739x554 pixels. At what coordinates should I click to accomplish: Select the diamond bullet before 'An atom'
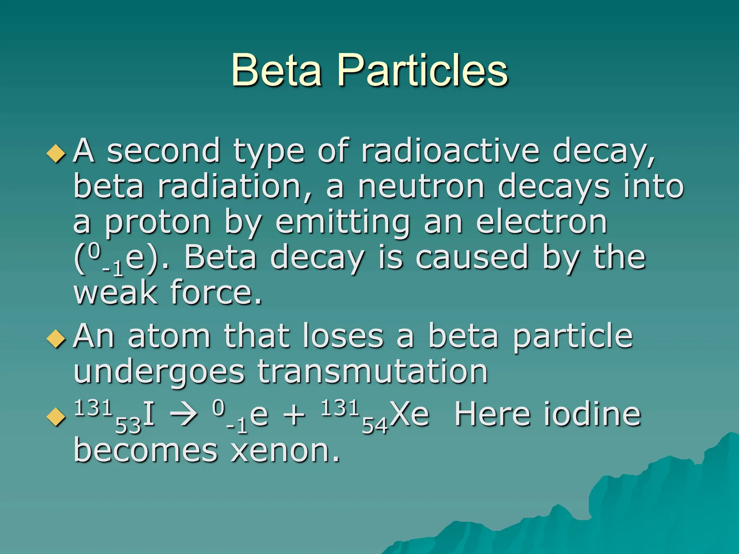56,339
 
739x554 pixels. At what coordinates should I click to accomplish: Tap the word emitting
343,223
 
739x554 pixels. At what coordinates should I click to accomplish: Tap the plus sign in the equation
294,415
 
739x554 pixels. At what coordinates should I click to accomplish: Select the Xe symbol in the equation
410,414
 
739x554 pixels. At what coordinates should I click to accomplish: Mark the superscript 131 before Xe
340,408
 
